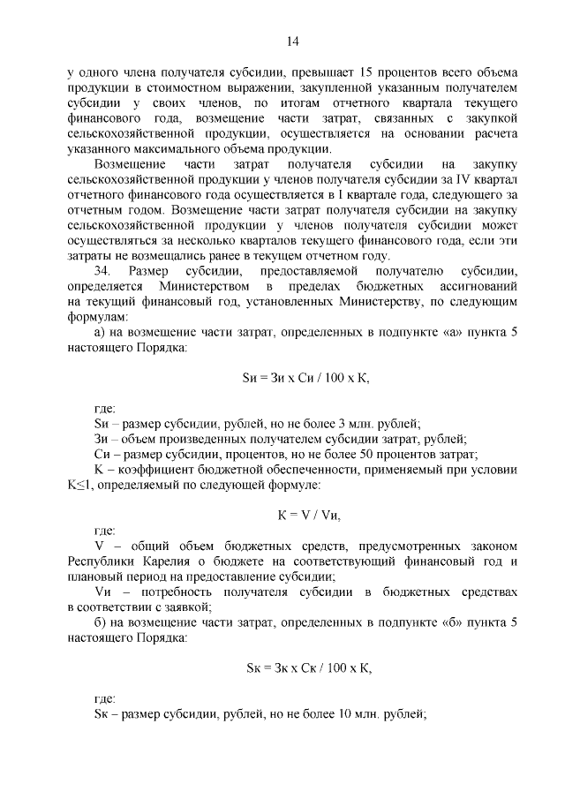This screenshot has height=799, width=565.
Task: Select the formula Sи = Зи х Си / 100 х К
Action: pos(305,379)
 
